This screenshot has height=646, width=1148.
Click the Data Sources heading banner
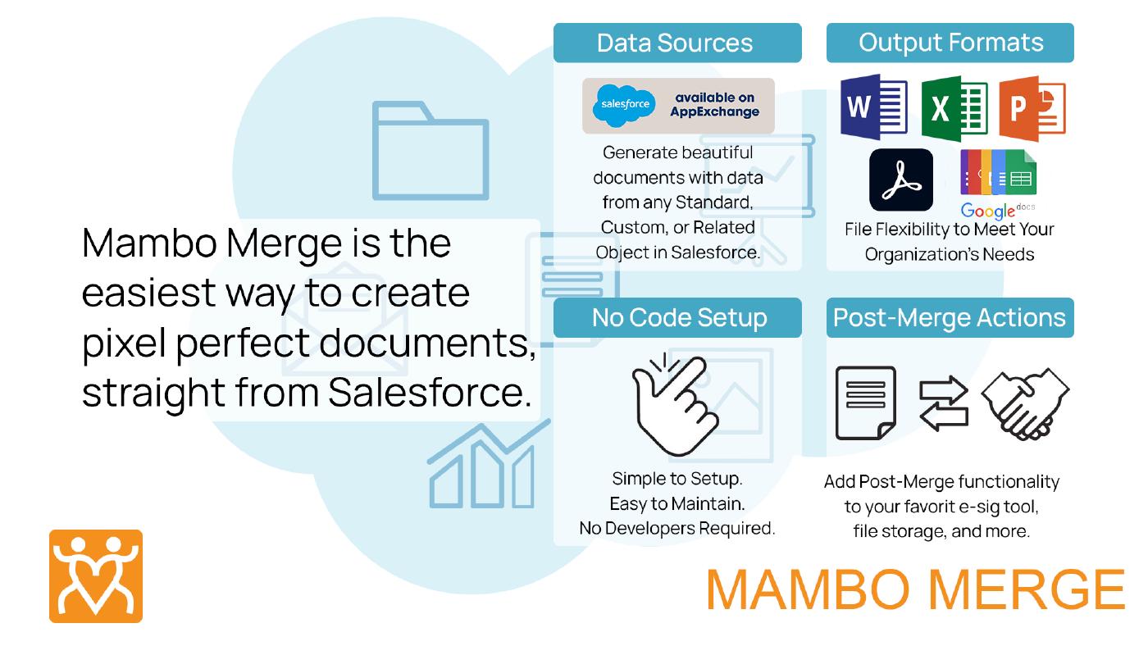click(677, 43)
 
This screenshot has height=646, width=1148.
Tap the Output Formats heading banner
click(950, 43)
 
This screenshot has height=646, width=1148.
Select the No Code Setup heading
click(677, 317)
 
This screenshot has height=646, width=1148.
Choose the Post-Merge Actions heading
click(950, 317)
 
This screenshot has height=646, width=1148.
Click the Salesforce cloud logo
click(624, 105)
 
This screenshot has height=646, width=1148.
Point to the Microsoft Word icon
click(874, 107)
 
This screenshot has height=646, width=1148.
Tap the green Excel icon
click(954, 108)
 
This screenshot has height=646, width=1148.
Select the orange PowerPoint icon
click(1032, 108)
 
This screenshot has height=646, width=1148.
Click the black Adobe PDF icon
click(901, 180)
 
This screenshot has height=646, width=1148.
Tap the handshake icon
click(1025, 404)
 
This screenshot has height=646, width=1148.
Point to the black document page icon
click(866, 403)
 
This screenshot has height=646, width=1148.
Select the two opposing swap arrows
click(944, 403)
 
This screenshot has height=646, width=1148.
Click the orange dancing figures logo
click(96, 576)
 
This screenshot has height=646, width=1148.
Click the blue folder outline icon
click(430, 150)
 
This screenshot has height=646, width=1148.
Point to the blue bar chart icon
click(488, 464)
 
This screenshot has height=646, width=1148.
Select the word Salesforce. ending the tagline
click(430, 393)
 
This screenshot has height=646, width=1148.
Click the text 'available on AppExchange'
click(715, 105)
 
